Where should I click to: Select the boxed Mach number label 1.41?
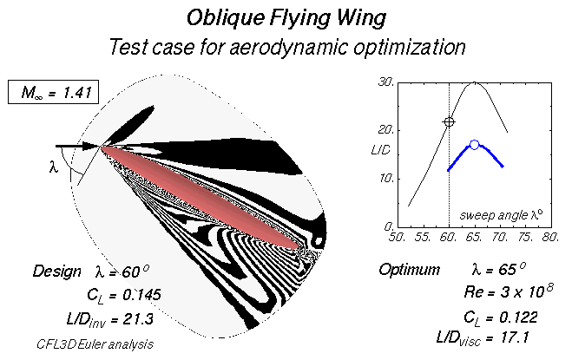[50, 90]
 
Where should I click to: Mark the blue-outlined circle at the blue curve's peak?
[474, 145]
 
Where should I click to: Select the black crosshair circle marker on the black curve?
[449, 122]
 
